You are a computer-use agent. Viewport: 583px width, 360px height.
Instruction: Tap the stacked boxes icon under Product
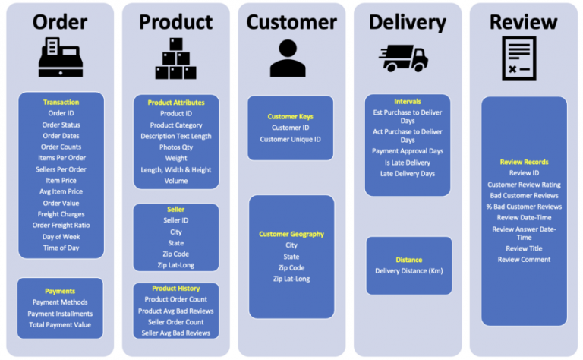175,59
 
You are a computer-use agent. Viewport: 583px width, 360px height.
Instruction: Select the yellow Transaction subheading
61,103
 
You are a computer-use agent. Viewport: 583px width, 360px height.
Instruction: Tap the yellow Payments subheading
60,291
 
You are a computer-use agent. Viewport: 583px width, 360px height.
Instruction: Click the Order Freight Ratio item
61,226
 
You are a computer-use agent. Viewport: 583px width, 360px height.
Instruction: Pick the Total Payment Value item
60,325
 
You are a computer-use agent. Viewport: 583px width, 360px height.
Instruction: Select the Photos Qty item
176,147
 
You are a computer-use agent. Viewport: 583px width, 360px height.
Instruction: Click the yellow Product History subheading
176,289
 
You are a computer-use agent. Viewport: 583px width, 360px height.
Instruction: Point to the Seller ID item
176,220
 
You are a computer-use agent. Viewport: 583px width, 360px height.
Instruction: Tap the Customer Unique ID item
291,140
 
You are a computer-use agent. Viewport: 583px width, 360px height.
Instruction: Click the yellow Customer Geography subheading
291,234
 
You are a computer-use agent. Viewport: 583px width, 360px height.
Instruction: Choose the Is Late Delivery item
407,163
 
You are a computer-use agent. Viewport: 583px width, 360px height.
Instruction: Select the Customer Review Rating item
524,185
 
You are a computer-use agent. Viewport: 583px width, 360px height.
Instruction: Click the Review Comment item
524,260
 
